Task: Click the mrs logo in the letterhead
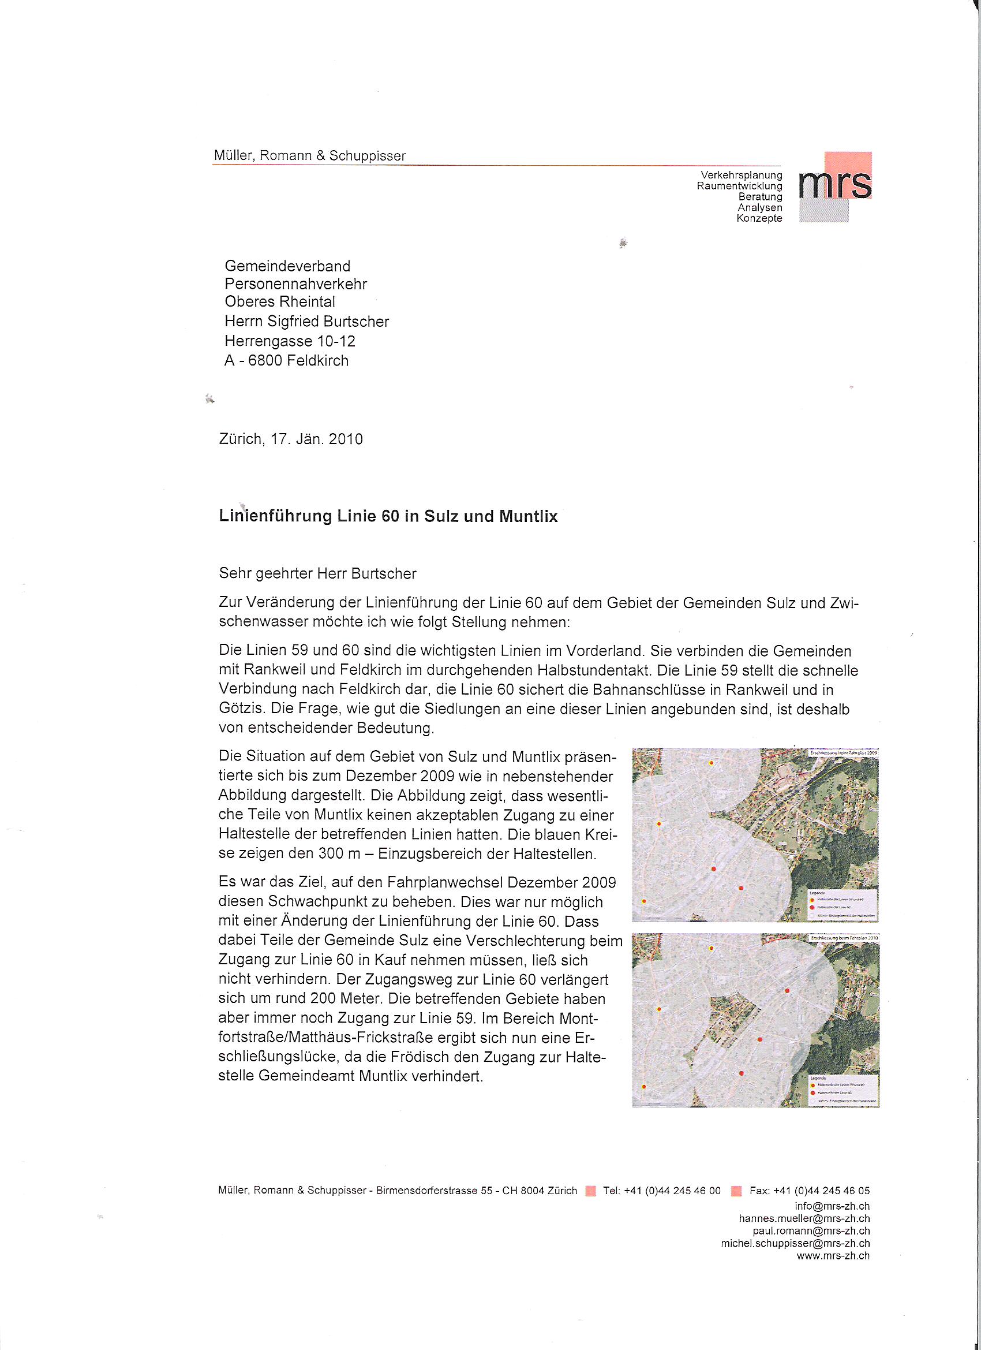coord(835,187)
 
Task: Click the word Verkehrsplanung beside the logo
coord(742,175)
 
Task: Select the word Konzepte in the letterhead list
coord(759,218)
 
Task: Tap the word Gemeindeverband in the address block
coord(287,266)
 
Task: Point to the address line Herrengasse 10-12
coord(290,341)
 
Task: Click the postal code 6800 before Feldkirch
coord(265,361)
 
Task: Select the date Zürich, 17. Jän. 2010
coord(291,439)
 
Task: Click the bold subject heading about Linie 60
coord(388,516)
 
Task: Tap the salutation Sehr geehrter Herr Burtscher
coord(318,573)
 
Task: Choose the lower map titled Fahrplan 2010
coord(755,1020)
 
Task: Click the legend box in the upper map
coord(843,905)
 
